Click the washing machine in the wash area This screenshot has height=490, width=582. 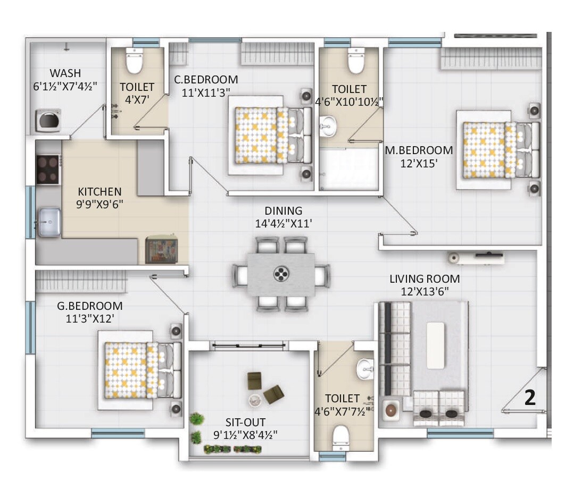coord(48,120)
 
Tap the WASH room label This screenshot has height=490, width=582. coord(66,73)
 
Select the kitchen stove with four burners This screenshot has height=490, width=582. coord(48,168)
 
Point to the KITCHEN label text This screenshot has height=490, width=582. coord(99,191)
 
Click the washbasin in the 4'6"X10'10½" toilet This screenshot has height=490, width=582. coord(326,126)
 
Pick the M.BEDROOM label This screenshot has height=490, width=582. coord(419,150)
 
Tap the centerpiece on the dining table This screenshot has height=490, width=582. coord(280,274)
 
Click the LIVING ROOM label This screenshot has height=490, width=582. coord(424,278)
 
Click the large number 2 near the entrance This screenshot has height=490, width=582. coord(530,399)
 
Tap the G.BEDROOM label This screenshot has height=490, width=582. coord(89,306)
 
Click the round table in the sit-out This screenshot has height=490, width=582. coord(254,399)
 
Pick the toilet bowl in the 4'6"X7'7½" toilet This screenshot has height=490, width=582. coord(340,438)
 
